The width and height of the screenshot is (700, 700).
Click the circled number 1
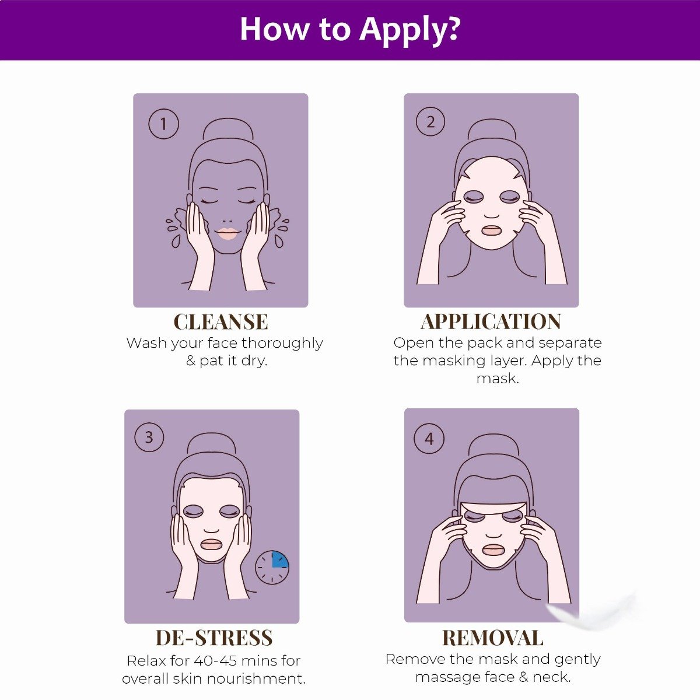163,124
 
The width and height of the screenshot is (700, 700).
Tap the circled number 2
430,122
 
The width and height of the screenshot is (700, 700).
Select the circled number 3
149,437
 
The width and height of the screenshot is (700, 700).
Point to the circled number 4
429,439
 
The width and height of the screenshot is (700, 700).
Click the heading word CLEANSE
220,322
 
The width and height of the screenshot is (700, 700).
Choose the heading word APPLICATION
491,322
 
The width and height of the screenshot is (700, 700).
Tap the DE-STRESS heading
214,638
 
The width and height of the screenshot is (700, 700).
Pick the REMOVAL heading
493,638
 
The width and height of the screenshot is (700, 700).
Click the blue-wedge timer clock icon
272,566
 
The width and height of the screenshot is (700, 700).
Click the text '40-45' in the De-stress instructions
227,661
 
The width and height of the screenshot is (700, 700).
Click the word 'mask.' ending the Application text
497,379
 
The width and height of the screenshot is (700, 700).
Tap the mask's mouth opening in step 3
211,544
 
